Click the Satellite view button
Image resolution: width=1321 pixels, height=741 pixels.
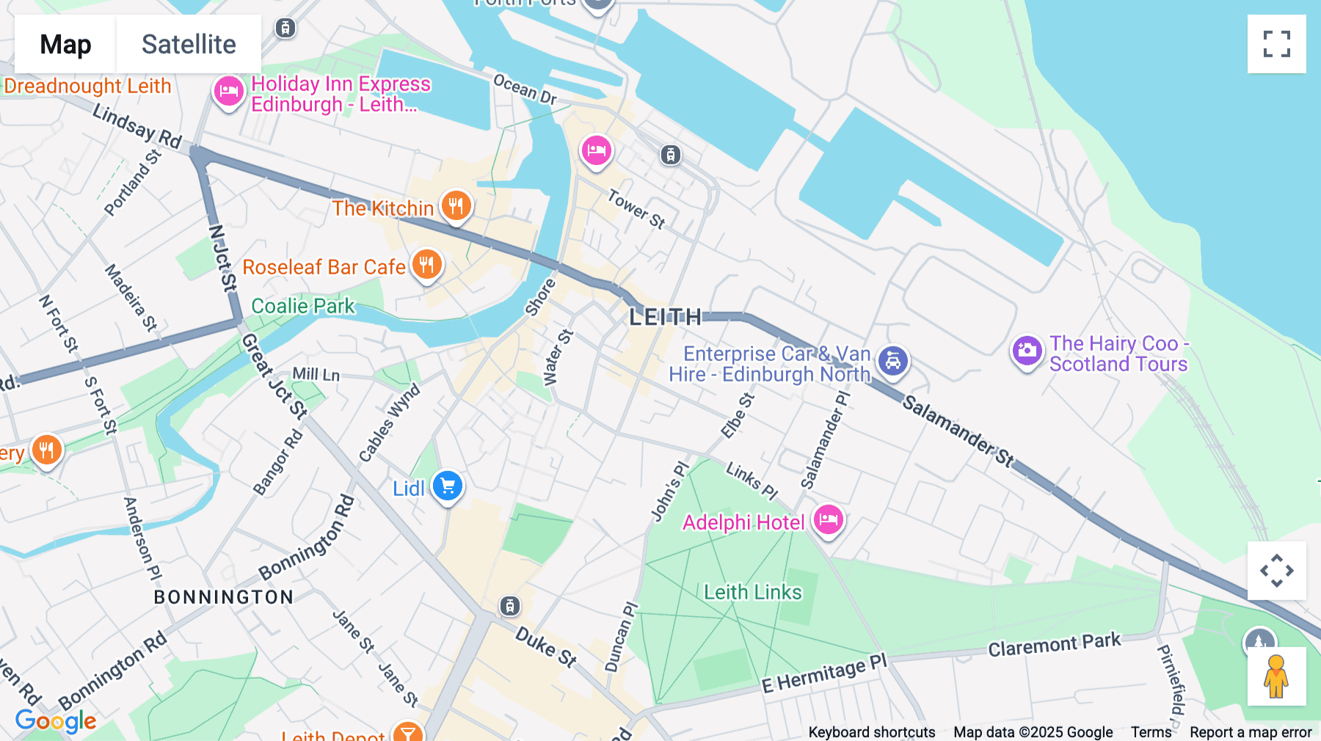coord(189,44)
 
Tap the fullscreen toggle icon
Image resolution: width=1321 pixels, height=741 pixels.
coord(1276,44)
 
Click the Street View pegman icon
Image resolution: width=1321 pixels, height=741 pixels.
coord(1276,676)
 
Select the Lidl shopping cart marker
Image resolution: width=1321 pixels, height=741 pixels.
coord(448,486)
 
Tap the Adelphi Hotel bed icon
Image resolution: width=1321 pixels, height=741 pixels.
coord(828,520)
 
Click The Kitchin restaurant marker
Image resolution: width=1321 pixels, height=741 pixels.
coord(456,206)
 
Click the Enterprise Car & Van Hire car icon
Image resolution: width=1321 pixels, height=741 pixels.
coord(893,361)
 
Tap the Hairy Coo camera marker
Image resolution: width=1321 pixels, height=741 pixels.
coord(1027,351)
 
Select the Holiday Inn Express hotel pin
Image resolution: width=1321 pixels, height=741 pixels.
coord(228,92)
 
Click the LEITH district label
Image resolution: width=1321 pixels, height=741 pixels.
coord(665,317)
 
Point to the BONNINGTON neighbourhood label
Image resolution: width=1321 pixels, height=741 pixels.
coord(224,597)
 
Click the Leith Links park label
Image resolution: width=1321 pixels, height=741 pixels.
coord(752,592)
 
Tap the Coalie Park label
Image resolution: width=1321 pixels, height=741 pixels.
coord(302,306)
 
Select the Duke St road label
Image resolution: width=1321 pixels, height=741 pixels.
coord(546,646)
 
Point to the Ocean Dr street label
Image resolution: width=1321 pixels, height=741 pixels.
coord(525,89)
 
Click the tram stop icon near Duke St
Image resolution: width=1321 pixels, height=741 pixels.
coord(510,606)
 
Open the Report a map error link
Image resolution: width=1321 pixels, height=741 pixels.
coord(1251,732)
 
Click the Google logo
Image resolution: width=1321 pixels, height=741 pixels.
coord(56,721)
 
